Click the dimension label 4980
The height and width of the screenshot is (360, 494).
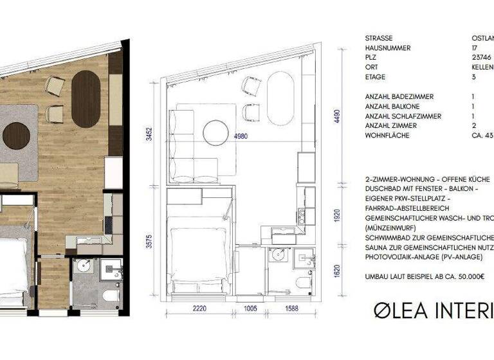click(241, 136)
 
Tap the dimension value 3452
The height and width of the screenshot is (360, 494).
click(149, 134)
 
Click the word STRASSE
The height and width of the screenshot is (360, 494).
click(380, 38)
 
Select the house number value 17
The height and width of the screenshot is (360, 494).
click(475, 48)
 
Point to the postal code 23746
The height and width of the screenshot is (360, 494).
click(481, 57)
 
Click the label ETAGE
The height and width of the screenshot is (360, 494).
click(375, 76)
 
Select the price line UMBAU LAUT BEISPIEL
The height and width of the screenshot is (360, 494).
click(425, 276)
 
